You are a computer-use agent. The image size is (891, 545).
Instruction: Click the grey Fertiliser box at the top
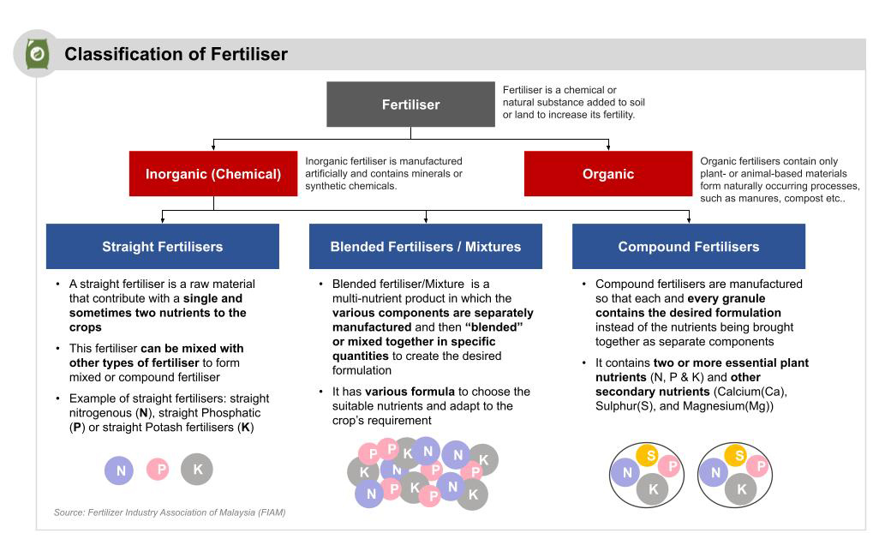(x=410, y=105)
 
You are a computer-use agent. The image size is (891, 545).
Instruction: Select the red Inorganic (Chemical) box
(x=213, y=174)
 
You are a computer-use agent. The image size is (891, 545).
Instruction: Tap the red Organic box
(x=608, y=174)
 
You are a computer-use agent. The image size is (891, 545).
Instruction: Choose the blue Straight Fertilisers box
(x=163, y=247)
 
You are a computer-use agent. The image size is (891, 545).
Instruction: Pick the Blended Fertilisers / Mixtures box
(x=426, y=247)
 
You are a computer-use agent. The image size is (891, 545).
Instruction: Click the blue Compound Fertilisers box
(x=689, y=247)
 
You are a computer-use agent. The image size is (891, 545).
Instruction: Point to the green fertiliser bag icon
(x=37, y=54)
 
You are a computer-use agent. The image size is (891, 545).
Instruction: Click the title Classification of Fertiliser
(x=176, y=55)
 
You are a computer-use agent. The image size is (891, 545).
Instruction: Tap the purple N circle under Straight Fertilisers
(x=120, y=470)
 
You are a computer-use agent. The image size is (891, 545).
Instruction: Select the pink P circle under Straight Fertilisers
(x=158, y=470)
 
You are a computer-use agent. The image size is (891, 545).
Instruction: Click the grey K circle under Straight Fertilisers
(x=197, y=470)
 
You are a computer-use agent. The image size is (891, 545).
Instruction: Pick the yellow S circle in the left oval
(x=650, y=456)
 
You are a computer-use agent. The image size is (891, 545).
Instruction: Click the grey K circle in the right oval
(x=741, y=489)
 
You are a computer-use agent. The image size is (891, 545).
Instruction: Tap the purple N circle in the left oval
(x=627, y=472)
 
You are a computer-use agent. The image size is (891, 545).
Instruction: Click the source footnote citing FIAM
(x=170, y=512)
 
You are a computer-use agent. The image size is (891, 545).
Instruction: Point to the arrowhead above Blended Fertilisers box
(x=426, y=220)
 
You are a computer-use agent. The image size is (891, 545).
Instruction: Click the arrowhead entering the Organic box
(x=608, y=147)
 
